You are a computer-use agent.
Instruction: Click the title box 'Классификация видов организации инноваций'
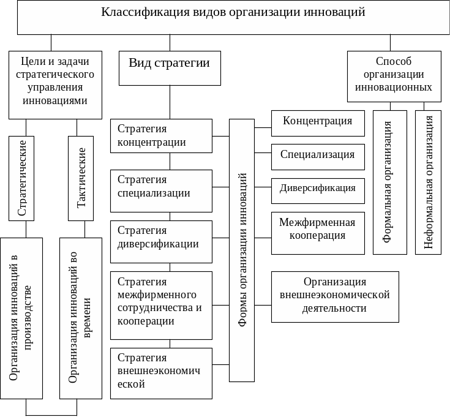tap(233, 17)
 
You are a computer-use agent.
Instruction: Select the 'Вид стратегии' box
tap(170, 68)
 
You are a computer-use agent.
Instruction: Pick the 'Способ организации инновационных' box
tap(394, 76)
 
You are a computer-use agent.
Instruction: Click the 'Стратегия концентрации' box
tap(161, 136)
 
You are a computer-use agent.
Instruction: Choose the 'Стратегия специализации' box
tap(161, 187)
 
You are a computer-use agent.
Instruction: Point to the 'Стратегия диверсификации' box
tap(161, 238)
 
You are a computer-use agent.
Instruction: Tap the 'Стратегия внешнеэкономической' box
tap(161, 372)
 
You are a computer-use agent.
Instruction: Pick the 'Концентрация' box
tap(318, 121)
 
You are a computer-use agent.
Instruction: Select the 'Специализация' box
tap(318, 156)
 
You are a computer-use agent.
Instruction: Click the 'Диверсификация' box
tap(318, 189)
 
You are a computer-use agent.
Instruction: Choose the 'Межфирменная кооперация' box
tap(318, 232)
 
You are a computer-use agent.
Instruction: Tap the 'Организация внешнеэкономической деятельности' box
tap(334, 296)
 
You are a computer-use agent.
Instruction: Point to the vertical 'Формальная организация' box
tap(389, 182)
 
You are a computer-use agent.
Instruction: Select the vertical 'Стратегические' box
tap(21, 178)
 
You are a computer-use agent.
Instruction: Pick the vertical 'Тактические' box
tap(80, 178)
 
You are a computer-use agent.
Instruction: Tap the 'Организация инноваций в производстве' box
tap(21, 318)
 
